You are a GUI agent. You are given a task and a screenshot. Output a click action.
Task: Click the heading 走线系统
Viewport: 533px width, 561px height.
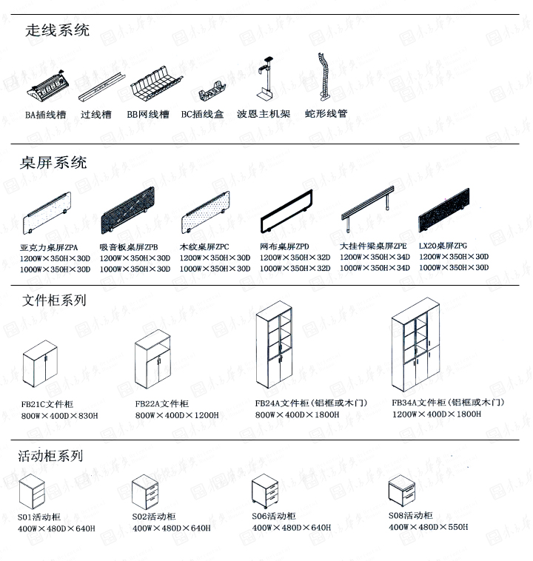click(x=57, y=30)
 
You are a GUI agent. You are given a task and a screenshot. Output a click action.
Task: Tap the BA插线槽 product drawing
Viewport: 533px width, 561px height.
click(x=47, y=93)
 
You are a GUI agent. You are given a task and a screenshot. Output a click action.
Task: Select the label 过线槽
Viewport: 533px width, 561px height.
click(x=95, y=115)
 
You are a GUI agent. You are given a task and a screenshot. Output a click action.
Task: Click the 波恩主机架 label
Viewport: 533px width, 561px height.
click(x=263, y=115)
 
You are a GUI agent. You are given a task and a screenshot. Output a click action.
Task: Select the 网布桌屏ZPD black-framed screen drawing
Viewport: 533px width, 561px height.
click(x=286, y=215)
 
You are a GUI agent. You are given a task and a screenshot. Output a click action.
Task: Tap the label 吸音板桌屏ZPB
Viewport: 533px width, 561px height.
click(x=128, y=246)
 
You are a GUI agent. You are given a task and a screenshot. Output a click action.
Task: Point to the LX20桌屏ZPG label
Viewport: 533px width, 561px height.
click(x=443, y=246)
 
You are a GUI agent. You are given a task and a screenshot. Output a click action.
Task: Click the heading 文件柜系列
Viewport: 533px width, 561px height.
click(x=54, y=300)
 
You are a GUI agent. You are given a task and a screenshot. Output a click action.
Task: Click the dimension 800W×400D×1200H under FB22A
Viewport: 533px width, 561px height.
click(x=177, y=415)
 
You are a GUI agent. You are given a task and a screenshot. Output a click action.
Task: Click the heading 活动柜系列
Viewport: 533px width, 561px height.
click(x=50, y=457)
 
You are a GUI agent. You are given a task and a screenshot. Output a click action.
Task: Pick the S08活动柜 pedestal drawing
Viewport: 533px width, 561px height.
click(x=405, y=491)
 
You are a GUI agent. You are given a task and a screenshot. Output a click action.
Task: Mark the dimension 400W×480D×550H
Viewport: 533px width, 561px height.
click(x=428, y=528)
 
